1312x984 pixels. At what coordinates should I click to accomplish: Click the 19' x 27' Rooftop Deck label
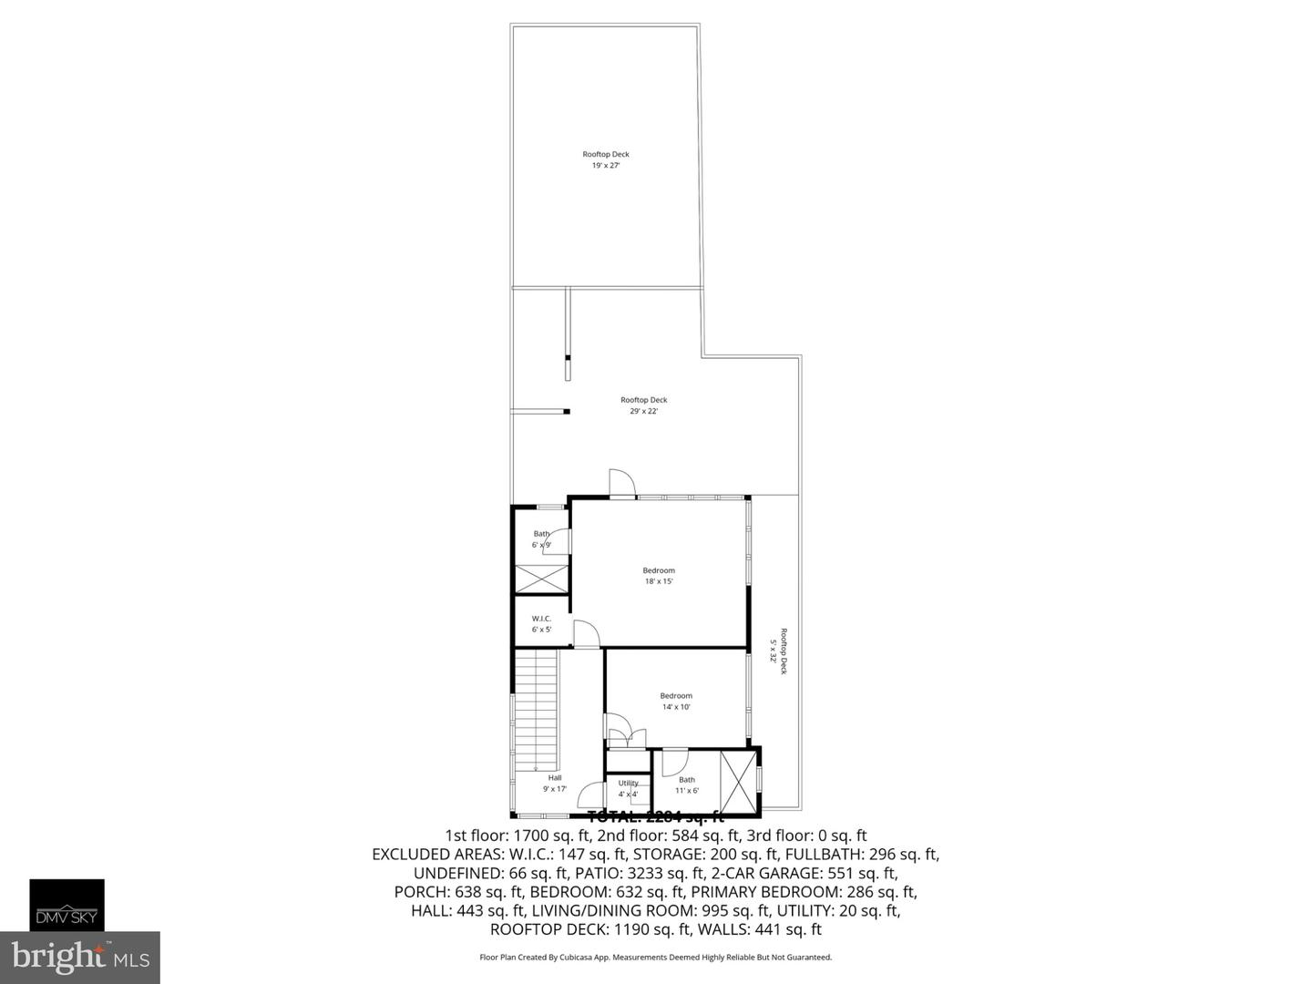point(606,160)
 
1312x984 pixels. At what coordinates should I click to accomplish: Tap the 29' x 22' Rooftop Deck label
point(643,405)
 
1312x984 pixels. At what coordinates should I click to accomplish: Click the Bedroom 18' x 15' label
point(659,576)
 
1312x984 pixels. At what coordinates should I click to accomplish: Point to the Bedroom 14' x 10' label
point(676,702)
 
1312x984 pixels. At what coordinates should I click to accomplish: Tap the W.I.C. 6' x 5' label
point(541,624)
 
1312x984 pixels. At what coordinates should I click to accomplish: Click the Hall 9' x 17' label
point(555,784)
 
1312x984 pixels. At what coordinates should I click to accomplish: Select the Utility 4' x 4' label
point(628,788)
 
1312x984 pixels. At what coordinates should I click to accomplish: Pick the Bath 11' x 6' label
point(687,784)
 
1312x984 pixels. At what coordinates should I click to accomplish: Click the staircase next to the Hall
point(536,711)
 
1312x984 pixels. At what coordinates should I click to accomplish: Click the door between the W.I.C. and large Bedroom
point(585,634)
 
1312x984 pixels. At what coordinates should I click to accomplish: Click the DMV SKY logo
point(67,905)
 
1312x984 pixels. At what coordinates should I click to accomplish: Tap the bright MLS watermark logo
point(80,958)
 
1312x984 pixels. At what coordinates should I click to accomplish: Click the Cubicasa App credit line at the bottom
point(655,958)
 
